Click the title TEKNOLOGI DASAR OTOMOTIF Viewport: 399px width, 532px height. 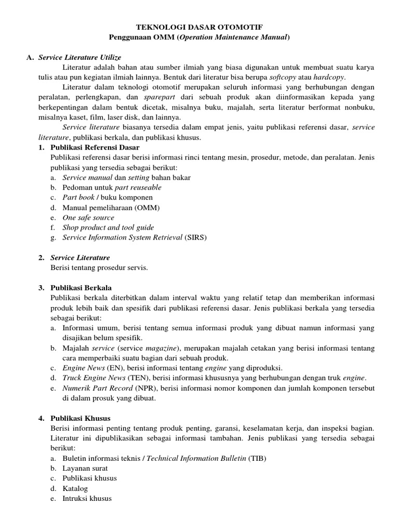click(199, 26)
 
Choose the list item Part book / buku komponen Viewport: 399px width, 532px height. click(108, 197)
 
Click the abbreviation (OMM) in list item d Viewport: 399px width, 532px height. click(148, 208)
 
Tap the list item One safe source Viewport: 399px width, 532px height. click(88, 218)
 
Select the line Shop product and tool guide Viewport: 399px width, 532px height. click(108, 228)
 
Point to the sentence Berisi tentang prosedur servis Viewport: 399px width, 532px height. click(99, 268)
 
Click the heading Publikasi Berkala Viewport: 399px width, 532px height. click(81, 288)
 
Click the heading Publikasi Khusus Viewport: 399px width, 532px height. click(80, 418)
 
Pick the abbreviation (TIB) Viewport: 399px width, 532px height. click(257, 458)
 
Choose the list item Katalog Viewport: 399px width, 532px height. click(75, 488)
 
